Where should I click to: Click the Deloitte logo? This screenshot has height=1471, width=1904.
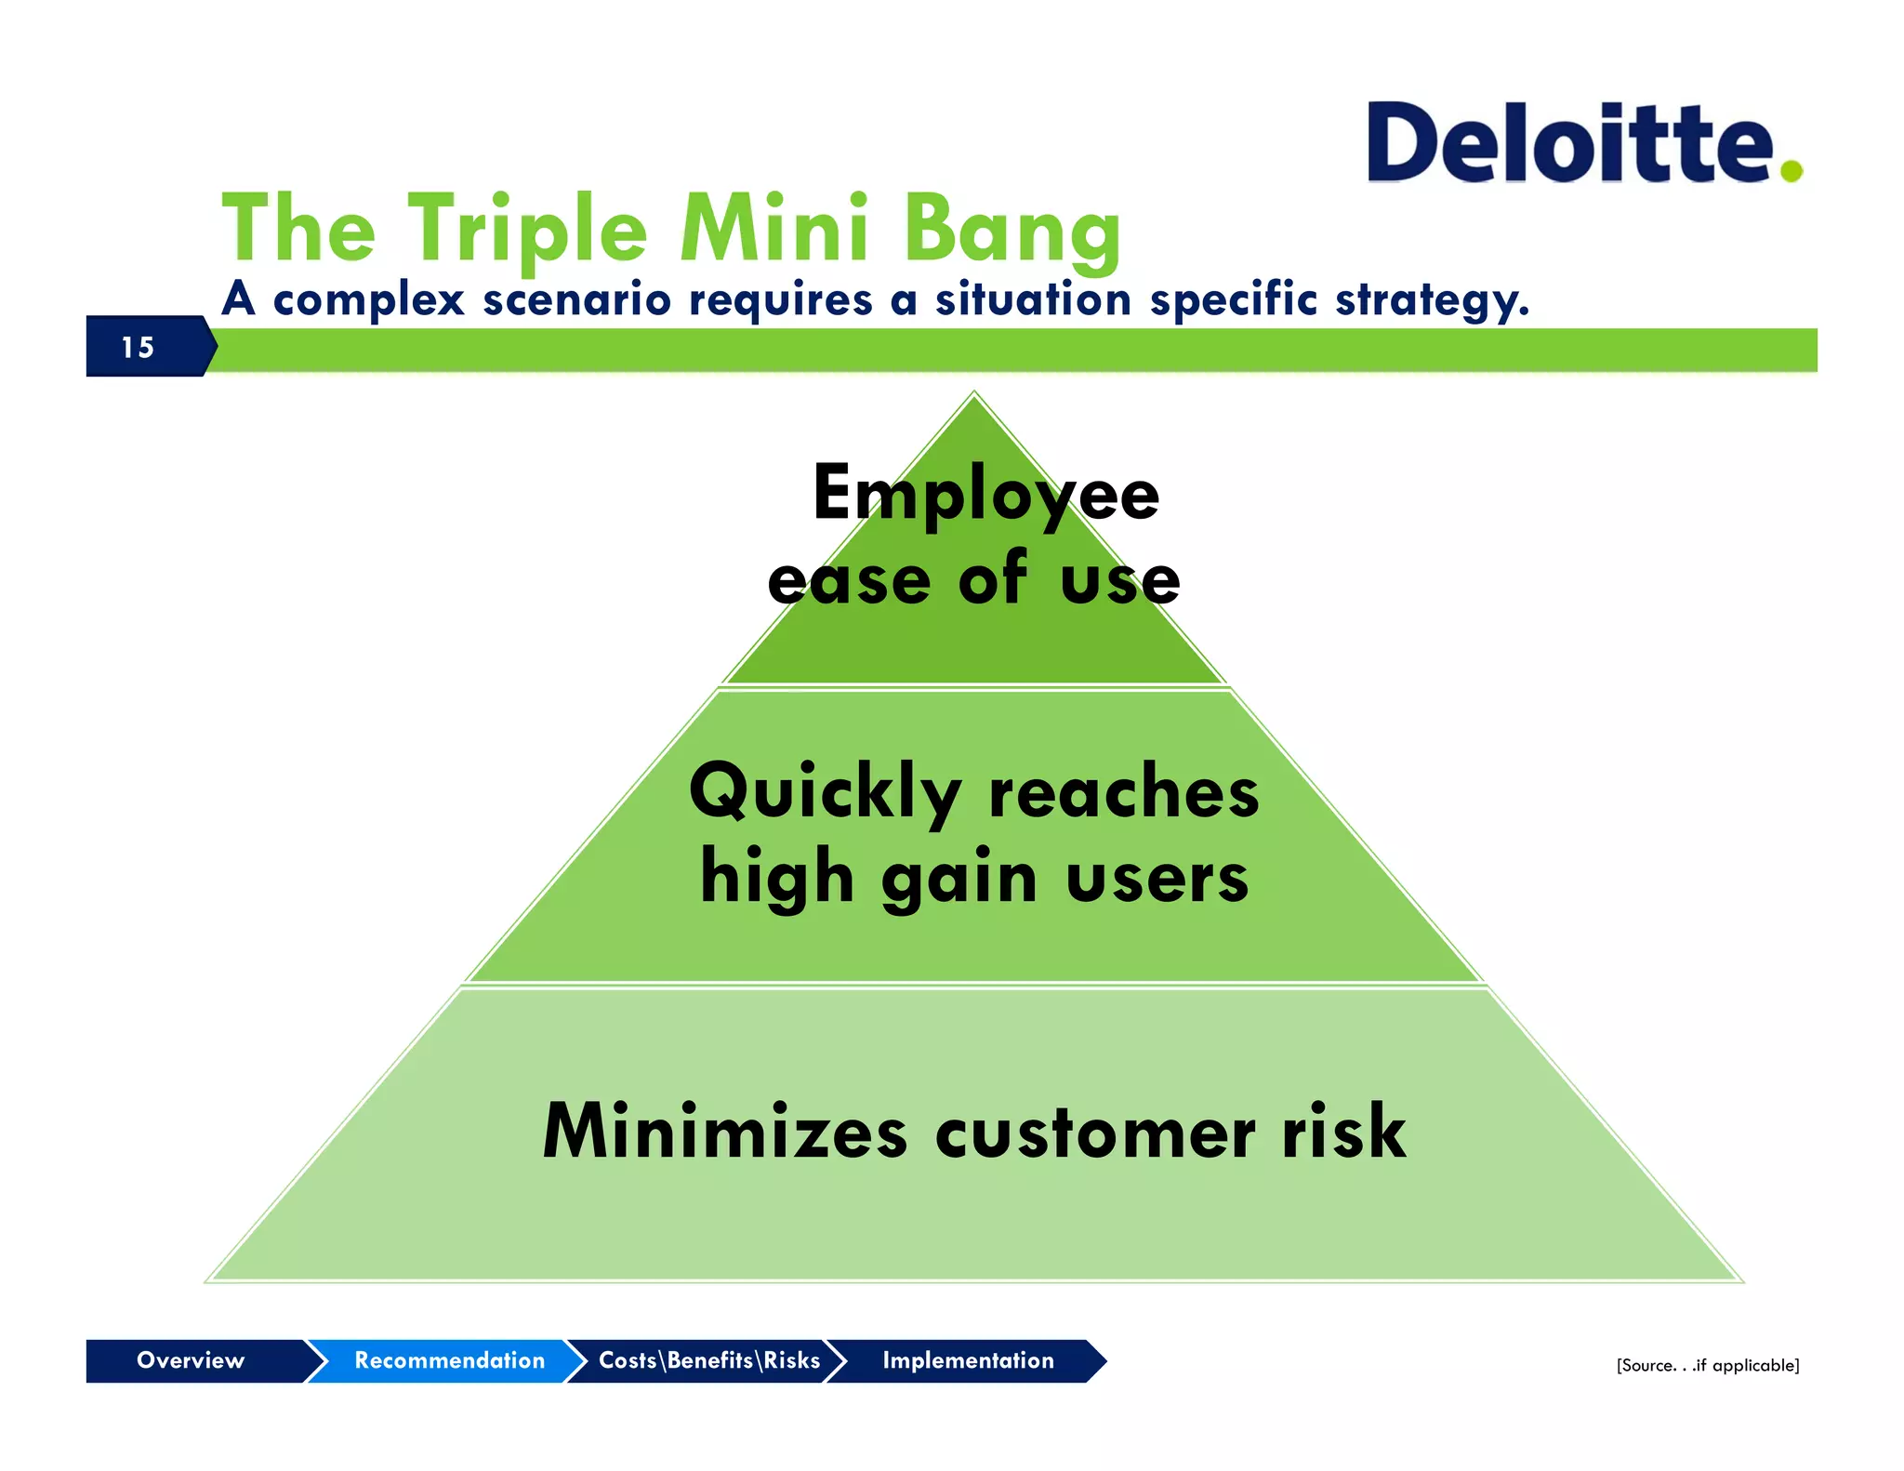[x=1571, y=144]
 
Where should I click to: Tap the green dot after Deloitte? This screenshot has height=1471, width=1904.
[x=1791, y=170]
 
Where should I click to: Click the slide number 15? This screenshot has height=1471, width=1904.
[x=138, y=348]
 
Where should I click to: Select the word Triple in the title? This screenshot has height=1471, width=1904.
[x=527, y=230]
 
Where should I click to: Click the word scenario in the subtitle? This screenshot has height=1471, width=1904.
[x=575, y=299]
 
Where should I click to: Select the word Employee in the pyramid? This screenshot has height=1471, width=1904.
[x=985, y=495]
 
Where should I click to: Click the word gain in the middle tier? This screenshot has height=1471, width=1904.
[x=959, y=879]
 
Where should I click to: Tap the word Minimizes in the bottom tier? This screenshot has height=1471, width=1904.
[x=725, y=1132]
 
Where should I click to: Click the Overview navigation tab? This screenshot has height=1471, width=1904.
[x=191, y=1360]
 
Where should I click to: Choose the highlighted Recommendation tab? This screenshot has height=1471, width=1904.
[x=449, y=1360]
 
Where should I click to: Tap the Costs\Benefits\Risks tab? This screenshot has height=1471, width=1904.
[x=708, y=1360]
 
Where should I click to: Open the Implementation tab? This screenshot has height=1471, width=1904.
[x=968, y=1360]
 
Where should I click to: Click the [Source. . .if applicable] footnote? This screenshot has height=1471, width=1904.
[x=1707, y=1365]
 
